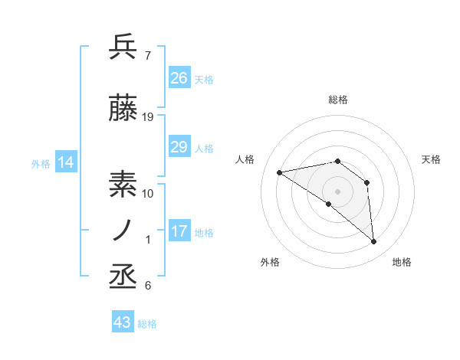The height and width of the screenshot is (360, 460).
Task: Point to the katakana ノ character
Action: coord(123,230)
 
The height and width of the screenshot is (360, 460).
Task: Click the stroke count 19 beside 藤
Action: coord(148,117)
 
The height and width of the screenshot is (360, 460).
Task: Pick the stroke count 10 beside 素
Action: coord(148,193)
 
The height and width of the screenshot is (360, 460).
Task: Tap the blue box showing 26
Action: coord(179,77)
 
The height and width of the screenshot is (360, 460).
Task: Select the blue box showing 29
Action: coord(179,147)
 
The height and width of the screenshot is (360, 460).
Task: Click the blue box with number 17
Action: coord(179,231)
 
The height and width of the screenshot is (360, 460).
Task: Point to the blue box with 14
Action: coord(65,162)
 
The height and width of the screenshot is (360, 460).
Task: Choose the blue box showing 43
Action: coord(122,322)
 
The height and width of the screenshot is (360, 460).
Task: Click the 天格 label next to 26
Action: coord(204,79)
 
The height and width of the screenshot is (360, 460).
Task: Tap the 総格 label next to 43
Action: coord(147,324)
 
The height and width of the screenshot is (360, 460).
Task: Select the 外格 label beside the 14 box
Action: coord(40,163)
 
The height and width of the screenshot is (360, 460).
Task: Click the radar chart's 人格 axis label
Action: coord(245,159)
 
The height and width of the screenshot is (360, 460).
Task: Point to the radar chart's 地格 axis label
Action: coord(402,262)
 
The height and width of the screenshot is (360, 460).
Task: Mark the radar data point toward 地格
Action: coord(373,242)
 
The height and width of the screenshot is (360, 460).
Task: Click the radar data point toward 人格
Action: coord(280,172)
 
